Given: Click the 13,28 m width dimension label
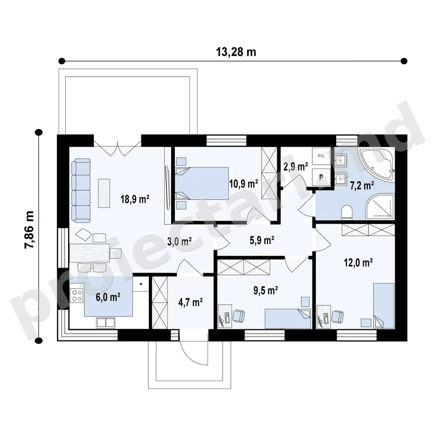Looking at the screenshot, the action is [x=236, y=52].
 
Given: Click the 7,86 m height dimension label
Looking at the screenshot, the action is [x=29, y=230].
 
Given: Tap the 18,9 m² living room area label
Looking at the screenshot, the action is [x=135, y=199].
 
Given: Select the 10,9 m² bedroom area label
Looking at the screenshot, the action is [x=244, y=184].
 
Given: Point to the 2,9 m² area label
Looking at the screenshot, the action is [x=296, y=167].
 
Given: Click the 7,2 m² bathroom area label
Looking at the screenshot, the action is [x=362, y=185].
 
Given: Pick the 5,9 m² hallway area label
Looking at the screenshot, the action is [x=262, y=240].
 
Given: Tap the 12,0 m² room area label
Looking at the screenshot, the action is [x=359, y=262].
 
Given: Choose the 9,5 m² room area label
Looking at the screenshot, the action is [x=266, y=290].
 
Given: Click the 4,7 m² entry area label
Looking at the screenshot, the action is [x=191, y=302].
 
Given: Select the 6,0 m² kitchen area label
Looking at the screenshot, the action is [x=108, y=297].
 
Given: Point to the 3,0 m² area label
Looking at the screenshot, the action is [x=179, y=241].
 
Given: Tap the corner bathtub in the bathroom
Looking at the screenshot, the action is [x=377, y=165].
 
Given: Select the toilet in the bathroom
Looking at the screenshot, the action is [x=347, y=212].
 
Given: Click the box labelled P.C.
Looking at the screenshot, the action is [x=321, y=156].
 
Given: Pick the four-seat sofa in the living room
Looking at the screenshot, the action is [x=81, y=191].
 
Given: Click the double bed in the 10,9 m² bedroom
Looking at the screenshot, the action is [x=202, y=183].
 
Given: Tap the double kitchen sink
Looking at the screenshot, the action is [x=105, y=323].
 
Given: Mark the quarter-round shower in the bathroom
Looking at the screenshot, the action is [x=380, y=206].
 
